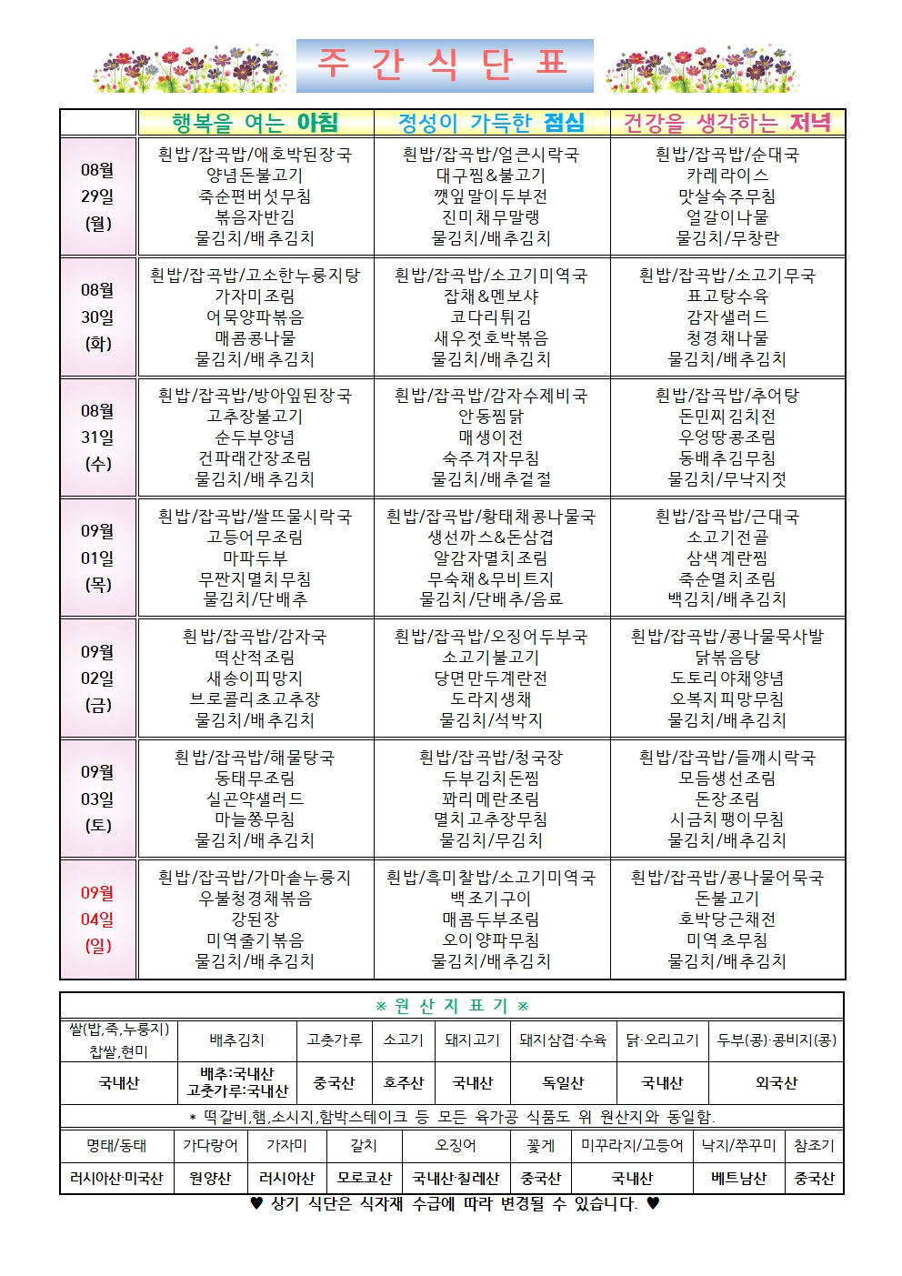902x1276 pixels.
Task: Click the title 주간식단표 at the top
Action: (445, 65)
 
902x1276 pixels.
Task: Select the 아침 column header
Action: (256, 123)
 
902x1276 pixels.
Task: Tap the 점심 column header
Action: (491, 123)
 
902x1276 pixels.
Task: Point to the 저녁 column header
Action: (727, 123)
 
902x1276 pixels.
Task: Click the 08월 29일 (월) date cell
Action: (98, 196)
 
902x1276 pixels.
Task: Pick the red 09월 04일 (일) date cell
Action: (98, 919)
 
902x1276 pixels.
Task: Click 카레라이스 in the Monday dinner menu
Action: (727, 176)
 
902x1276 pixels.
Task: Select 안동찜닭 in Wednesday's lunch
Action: (491, 417)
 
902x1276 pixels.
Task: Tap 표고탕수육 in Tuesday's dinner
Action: (727, 296)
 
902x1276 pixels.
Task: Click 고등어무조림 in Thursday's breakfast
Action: (256, 538)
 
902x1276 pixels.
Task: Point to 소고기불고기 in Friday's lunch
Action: (491, 658)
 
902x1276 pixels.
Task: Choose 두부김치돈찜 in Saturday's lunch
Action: (491, 779)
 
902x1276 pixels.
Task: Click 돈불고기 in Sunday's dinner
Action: (727, 899)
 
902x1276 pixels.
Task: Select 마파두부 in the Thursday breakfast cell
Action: (256, 558)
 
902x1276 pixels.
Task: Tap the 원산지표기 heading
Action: (452, 1006)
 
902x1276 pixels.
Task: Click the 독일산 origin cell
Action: (563, 1083)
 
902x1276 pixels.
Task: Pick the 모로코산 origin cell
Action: (364, 1178)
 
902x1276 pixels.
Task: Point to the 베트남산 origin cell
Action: (738, 1178)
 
